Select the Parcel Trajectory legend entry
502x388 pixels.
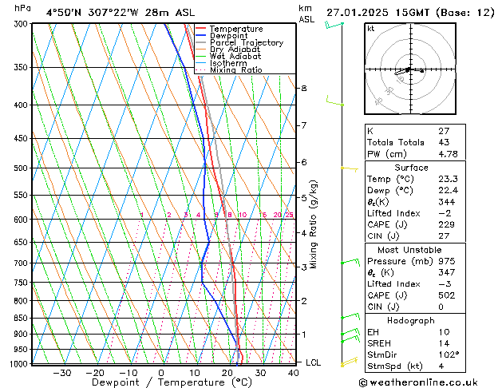246,43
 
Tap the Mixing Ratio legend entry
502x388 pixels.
236,70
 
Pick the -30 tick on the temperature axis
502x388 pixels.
61,372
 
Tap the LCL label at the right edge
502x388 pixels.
314,362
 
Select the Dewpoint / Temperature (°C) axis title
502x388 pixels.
161,382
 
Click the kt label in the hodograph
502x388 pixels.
371,29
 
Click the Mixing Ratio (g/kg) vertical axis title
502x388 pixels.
314,224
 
